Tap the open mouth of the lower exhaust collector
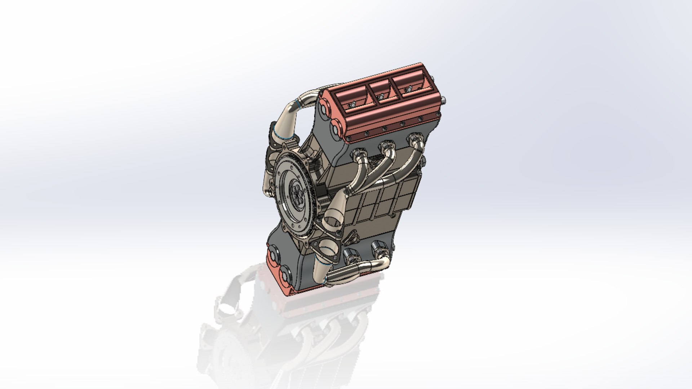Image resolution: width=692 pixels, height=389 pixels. pyautogui.click(x=328, y=249)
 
